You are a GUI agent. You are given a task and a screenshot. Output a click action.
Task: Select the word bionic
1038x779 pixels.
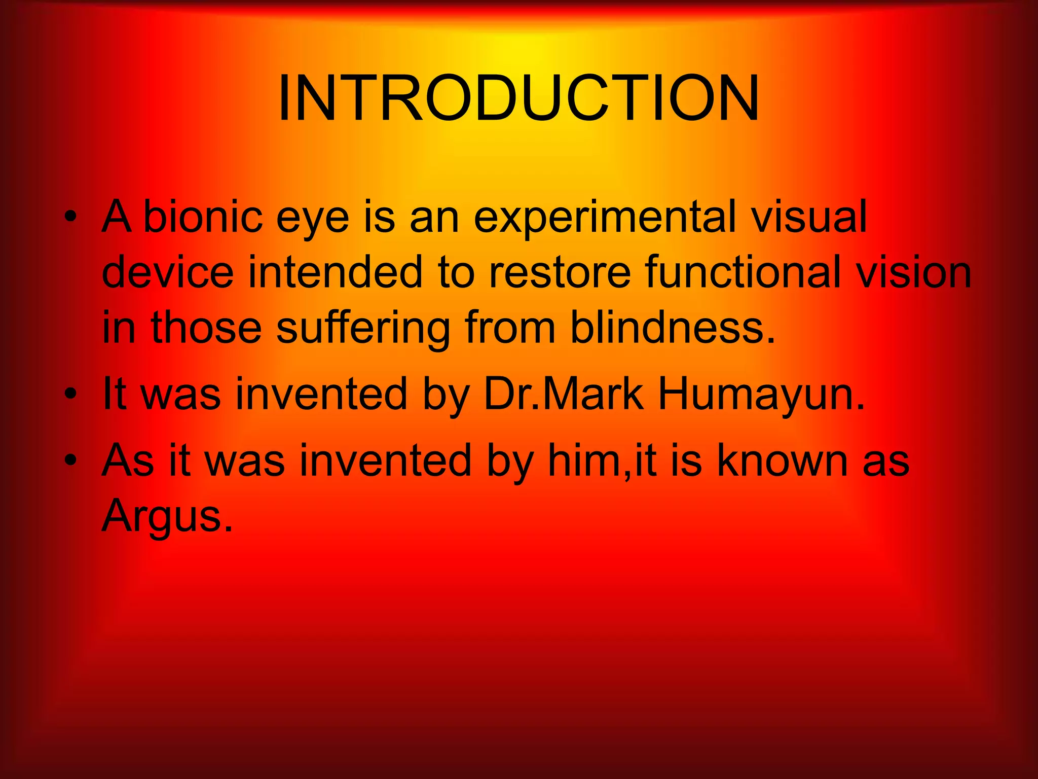[x=203, y=217]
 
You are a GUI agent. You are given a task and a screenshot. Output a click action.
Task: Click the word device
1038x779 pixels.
[x=168, y=272]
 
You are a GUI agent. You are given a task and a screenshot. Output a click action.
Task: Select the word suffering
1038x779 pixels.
[x=363, y=328]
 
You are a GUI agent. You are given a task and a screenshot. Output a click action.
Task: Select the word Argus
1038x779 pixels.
[x=167, y=516]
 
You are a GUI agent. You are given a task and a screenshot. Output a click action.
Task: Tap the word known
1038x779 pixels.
[x=783, y=460]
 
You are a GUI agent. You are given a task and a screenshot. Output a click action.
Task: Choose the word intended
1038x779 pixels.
[x=335, y=272]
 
